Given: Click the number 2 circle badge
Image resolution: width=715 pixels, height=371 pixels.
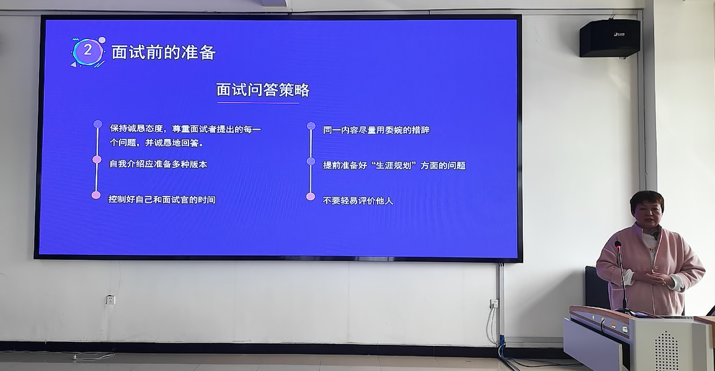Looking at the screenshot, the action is point(88,51).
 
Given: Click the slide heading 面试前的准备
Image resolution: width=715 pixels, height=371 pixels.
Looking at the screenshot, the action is point(163,52).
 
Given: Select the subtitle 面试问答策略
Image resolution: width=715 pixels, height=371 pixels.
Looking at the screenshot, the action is point(263,90).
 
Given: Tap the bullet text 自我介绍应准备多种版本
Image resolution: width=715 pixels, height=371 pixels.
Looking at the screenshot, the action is point(158,164).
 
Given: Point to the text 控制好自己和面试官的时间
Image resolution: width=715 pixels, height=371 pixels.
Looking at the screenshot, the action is point(162,200).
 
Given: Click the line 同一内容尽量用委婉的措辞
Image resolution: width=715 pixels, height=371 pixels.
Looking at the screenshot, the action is point(376,130).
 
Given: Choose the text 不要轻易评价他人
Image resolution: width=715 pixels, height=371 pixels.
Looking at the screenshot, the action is point(358,200).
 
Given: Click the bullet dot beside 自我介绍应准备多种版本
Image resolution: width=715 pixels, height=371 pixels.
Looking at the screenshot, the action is point(97,159).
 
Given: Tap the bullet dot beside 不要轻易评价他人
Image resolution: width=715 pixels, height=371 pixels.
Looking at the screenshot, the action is point(310,196).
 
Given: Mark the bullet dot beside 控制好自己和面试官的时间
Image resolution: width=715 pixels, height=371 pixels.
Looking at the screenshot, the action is point(96,195).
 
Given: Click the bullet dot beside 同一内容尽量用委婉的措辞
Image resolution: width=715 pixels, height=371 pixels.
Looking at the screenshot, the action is point(311,126).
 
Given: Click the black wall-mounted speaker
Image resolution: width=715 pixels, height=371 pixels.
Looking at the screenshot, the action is point(610,38).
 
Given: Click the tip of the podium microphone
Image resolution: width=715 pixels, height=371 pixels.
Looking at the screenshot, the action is point(618,244).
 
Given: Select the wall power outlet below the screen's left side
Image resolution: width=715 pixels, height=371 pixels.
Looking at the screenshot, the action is point(110,300).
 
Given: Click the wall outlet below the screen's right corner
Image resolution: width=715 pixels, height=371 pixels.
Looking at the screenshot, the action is point(494,304).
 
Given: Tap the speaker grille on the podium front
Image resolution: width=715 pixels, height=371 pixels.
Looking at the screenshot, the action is point(667,351).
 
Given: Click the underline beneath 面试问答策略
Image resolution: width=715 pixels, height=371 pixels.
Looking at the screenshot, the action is point(258,103).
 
